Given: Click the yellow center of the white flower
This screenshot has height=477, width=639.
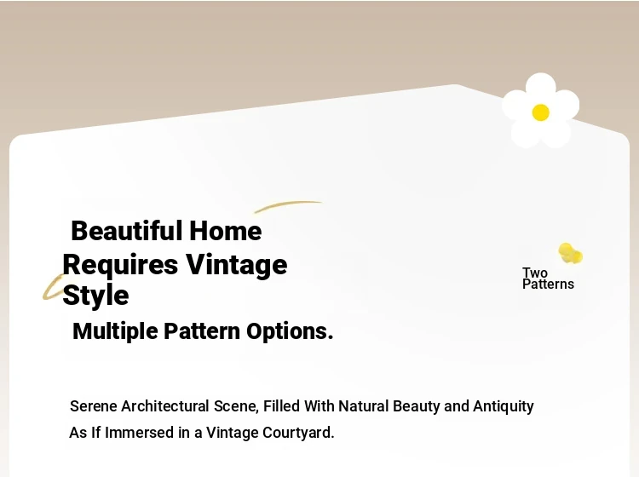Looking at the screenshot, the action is tap(540, 112).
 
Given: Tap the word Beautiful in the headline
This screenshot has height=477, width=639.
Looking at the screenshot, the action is tap(127, 231).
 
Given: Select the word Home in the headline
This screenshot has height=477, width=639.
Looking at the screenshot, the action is tap(226, 231).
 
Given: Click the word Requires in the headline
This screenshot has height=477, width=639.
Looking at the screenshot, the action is tap(120, 266).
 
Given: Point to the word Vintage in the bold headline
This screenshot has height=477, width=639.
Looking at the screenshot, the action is tap(237, 266).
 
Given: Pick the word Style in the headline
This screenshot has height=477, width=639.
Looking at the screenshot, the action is tap(95, 296).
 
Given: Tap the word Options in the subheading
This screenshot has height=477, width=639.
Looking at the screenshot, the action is tap(290, 331).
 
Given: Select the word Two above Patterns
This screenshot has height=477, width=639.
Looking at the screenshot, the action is tap(535, 273).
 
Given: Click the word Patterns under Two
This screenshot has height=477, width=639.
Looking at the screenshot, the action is tap(548, 284).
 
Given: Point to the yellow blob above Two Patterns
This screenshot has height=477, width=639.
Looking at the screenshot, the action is tap(570, 253).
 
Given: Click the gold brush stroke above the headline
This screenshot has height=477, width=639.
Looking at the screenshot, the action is tap(288, 206).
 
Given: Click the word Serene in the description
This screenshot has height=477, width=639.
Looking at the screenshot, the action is tap(94, 406).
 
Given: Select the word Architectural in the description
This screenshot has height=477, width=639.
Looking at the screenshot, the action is tap(165, 406).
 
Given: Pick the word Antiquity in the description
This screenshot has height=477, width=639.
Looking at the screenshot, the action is tap(504, 406).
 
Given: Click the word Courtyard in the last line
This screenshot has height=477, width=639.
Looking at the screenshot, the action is tap(298, 433).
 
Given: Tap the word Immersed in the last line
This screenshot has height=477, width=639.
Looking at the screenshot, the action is tap(140, 433).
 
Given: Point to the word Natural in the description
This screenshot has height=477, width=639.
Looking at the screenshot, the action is tap(364, 406).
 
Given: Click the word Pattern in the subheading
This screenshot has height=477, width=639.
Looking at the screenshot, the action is tap(202, 331).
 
